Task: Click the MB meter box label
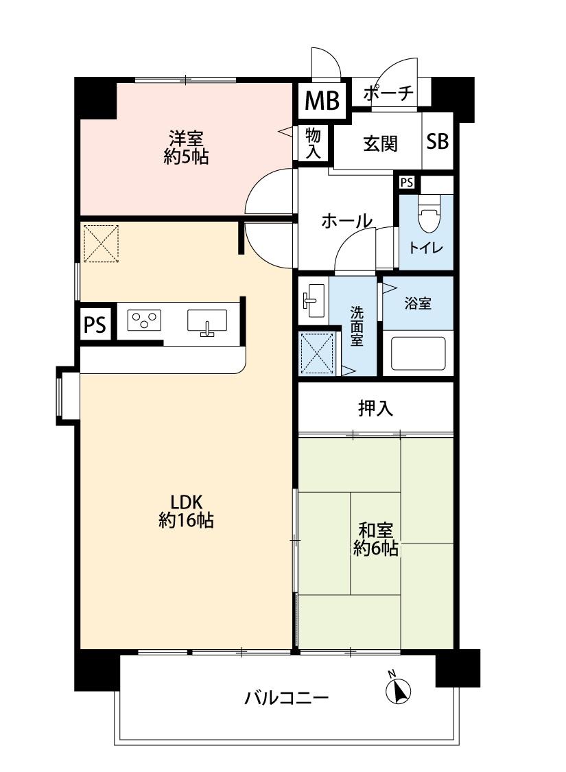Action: [322, 100]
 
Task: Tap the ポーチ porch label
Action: [388, 93]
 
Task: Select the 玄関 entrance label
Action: [381, 143]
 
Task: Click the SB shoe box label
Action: [437, 142]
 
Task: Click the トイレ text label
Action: [426, 248]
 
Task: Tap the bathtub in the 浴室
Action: [418, 353]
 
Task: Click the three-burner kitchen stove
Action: [145, 320]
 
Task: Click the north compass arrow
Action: [398, 688]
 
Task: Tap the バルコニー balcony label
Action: [287, 698]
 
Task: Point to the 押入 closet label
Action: [375, 408]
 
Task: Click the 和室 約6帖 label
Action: [375, 539]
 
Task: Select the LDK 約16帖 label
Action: [186, 511]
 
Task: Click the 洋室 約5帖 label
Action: [186, 147]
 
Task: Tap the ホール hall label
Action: [346, 221]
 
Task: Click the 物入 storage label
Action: [313, 143]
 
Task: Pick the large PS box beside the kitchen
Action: [95, 325]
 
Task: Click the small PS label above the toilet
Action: [407, 183]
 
